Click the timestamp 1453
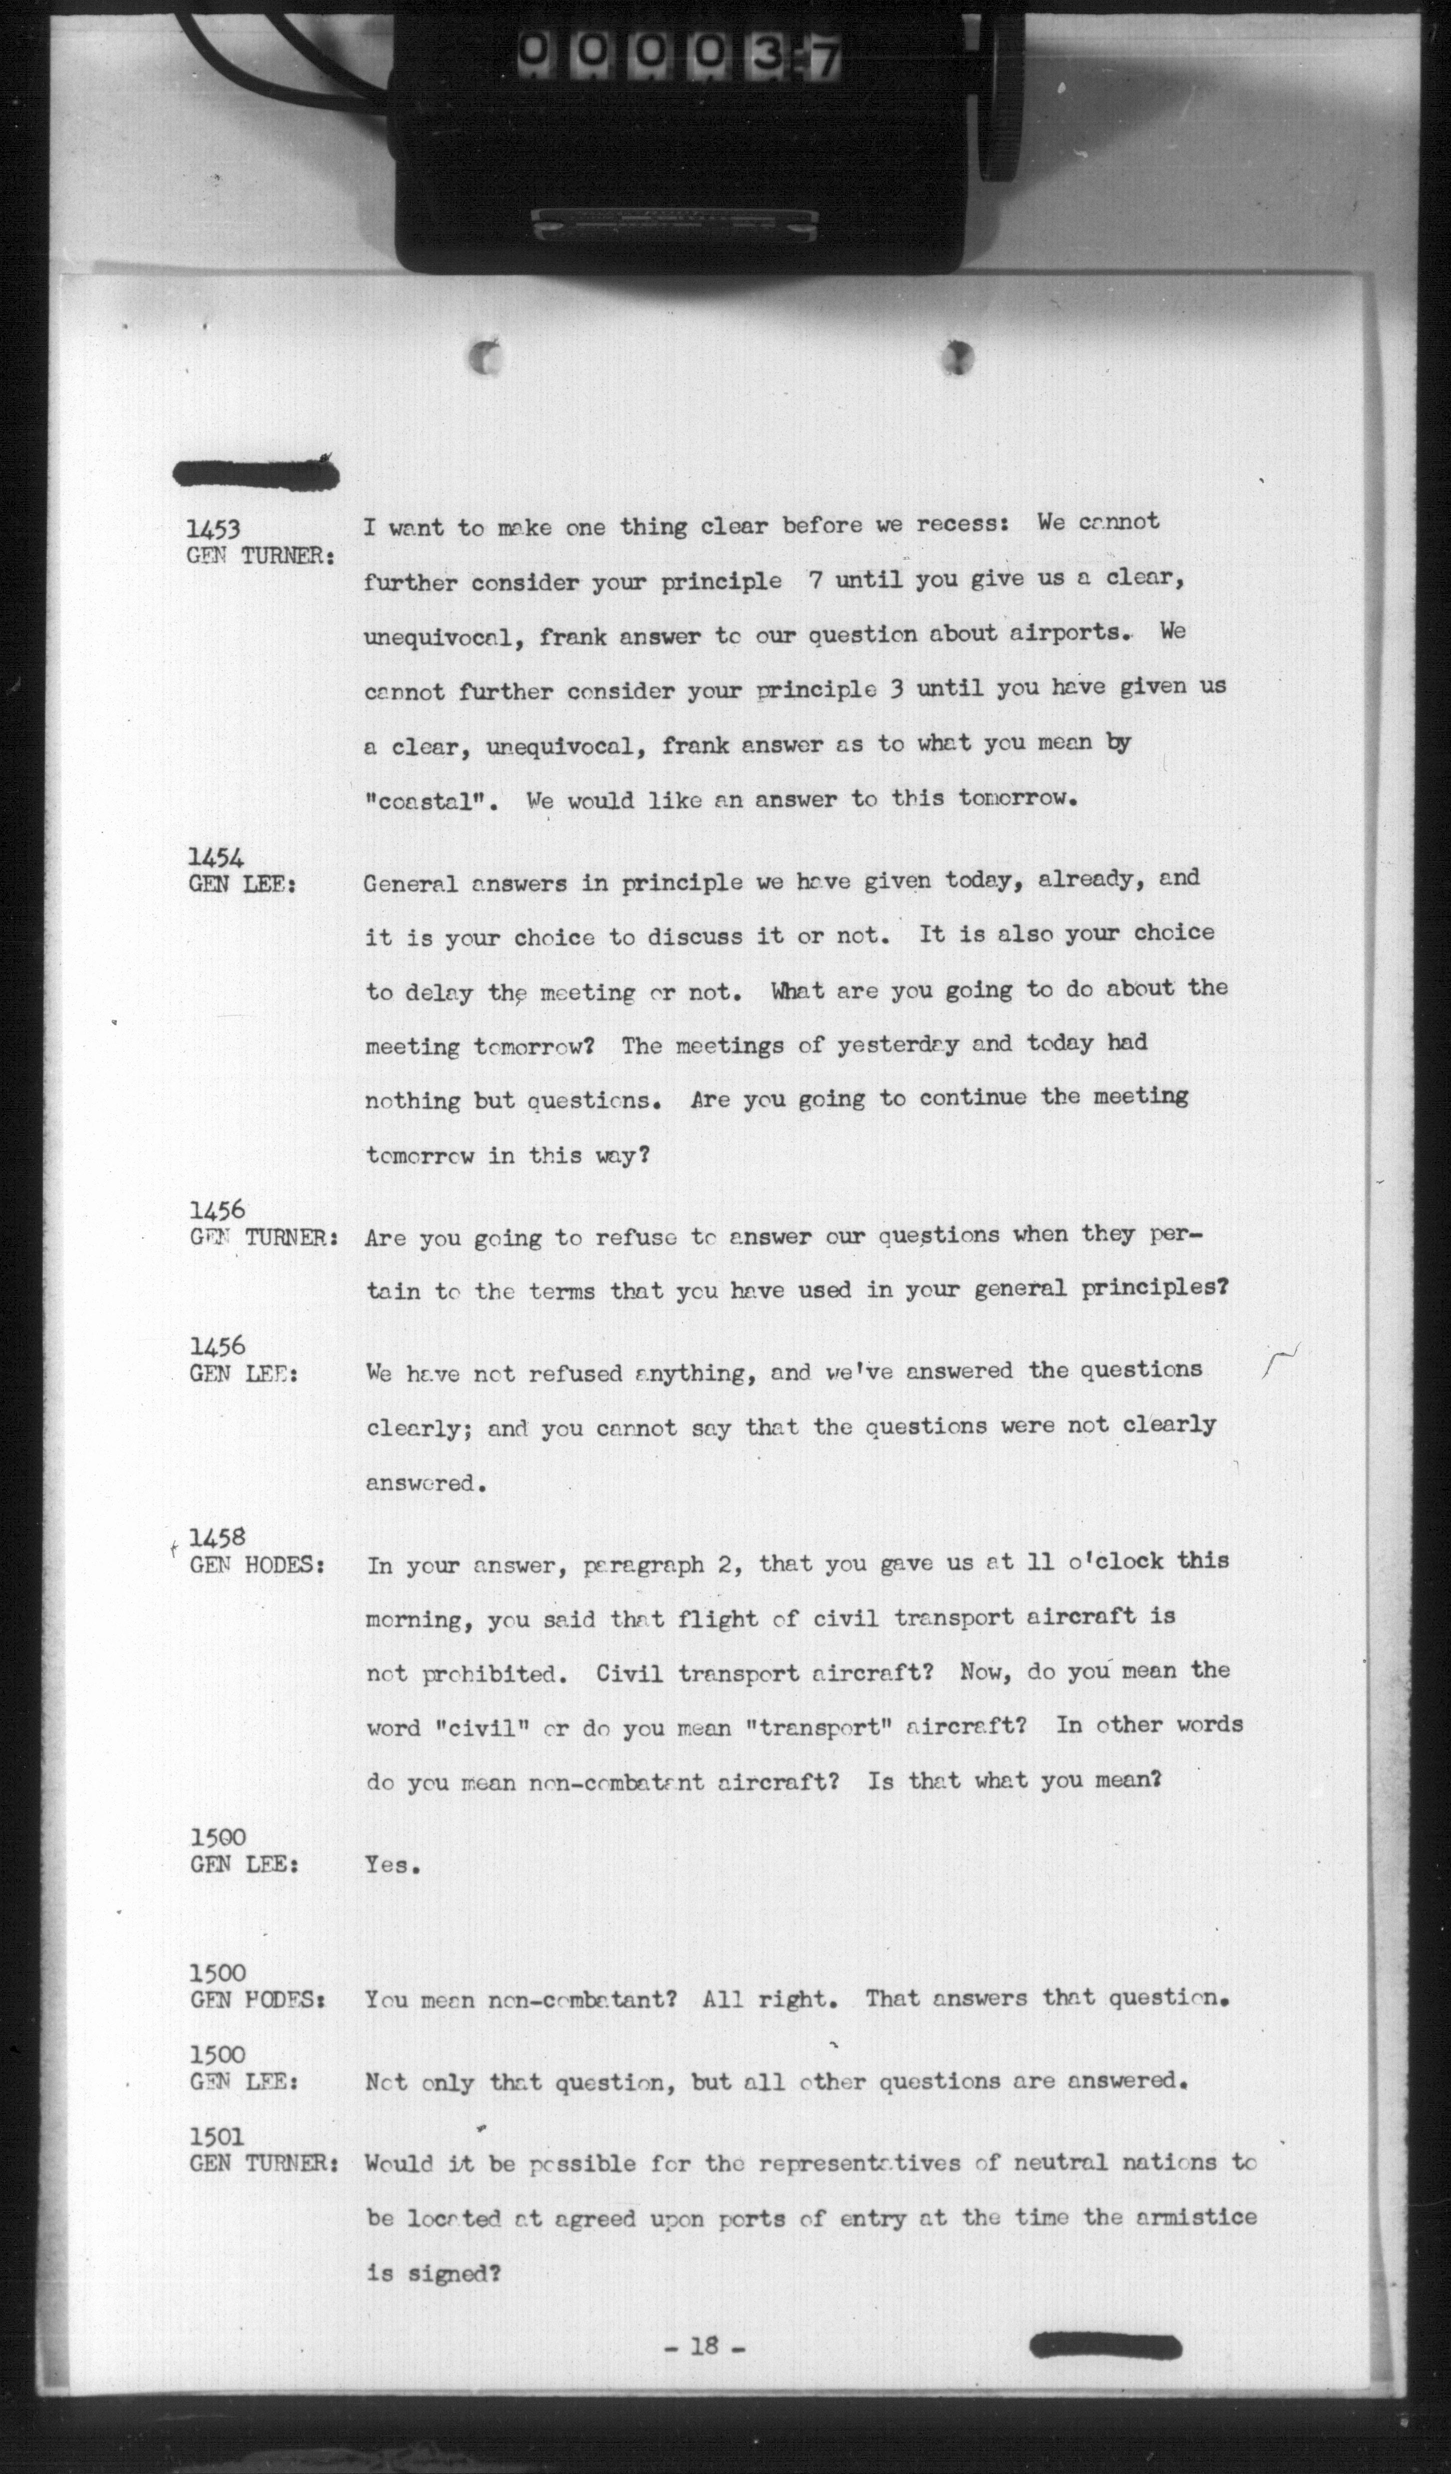click(x=213, y=529)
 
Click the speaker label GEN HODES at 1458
click(x=257, y=1565)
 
